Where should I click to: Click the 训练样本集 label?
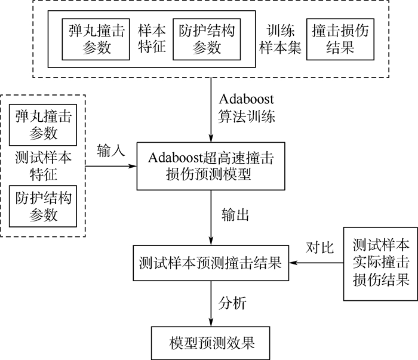281,39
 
